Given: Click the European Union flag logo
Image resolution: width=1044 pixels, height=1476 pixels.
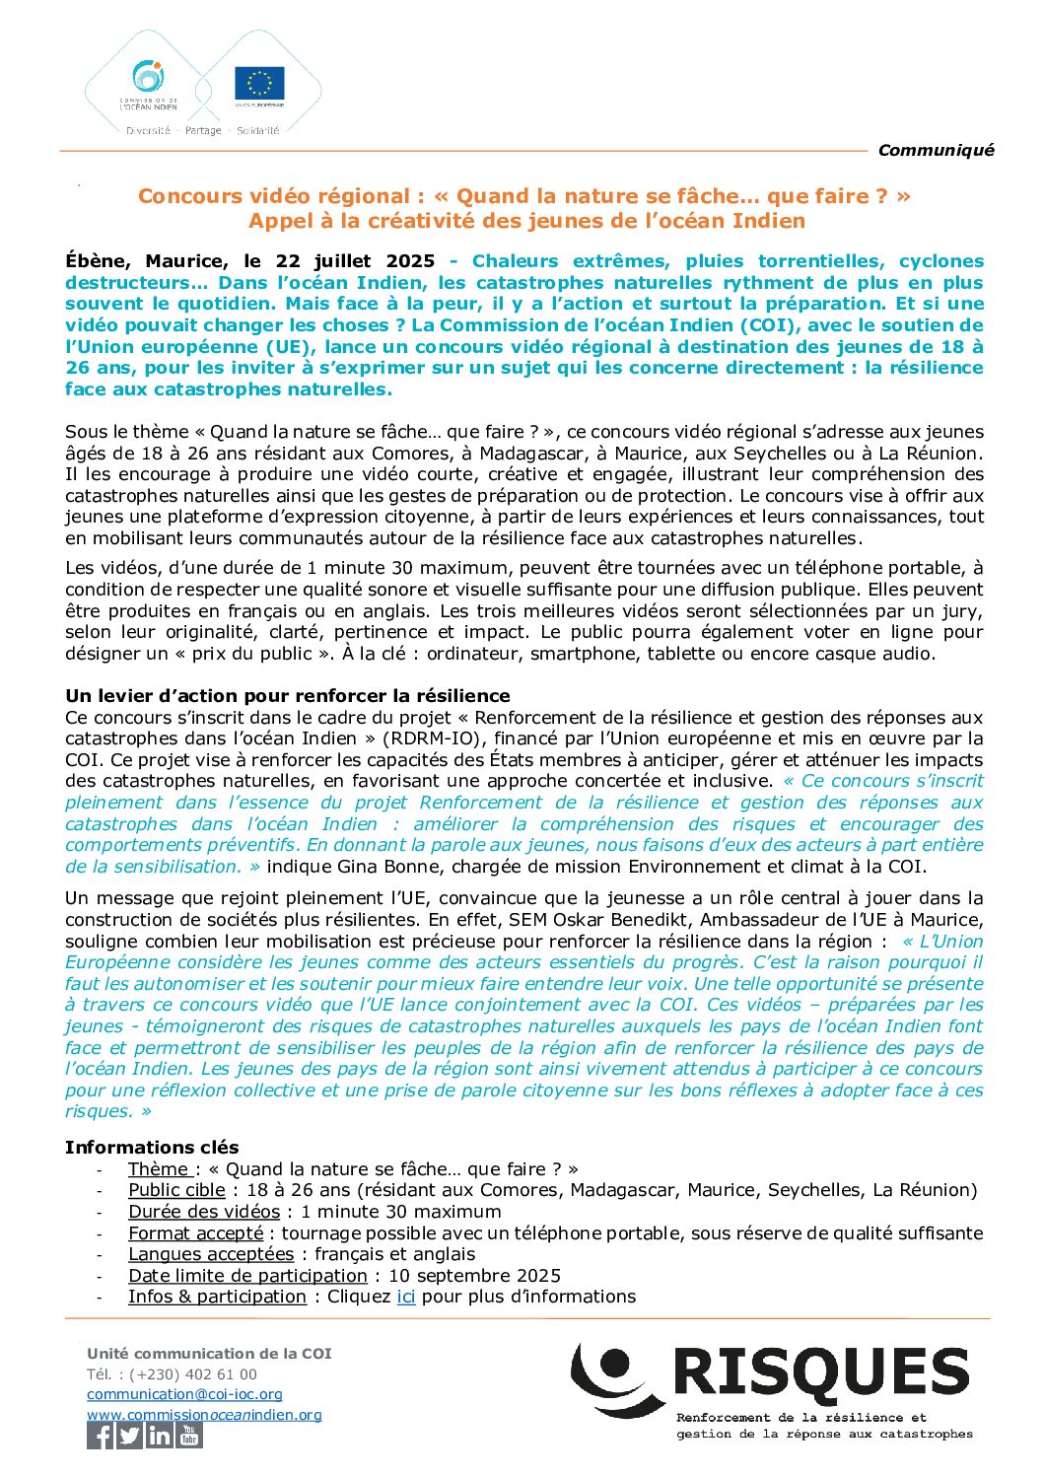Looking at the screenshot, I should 259,84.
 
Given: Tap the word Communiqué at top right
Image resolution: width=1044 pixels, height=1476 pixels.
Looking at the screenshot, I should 936,150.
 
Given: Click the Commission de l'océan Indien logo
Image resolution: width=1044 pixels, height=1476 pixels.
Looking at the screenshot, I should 149,83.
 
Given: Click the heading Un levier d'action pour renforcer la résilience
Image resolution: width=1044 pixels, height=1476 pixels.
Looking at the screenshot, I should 288,696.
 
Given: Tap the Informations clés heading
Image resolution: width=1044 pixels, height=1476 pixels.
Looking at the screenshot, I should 152,1147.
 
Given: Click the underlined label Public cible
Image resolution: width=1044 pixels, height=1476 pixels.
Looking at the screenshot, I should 176,1190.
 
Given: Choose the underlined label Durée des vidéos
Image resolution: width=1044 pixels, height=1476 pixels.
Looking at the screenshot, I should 204,1211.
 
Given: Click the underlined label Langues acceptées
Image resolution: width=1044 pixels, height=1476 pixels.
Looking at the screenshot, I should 211,1254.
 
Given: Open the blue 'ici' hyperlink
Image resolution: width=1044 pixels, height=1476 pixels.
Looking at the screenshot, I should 405,1297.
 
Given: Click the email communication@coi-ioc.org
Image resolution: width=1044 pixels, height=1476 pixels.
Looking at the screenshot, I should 184,1394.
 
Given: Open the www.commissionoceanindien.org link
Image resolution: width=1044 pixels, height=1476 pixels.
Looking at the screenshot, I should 204,1415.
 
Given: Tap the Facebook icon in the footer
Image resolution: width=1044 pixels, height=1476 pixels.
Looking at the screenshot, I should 101,1436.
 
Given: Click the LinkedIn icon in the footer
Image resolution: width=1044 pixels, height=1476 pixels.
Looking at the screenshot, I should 159,1436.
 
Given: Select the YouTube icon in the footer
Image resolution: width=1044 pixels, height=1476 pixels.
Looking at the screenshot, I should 188,1436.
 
